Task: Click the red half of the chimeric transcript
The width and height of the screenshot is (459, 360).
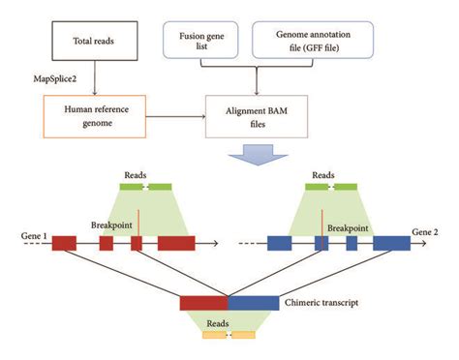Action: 203,303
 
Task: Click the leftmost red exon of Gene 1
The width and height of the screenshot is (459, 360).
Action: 64,243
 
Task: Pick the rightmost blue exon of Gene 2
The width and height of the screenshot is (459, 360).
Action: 391,243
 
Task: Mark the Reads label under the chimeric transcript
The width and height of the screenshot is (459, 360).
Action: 229,321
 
